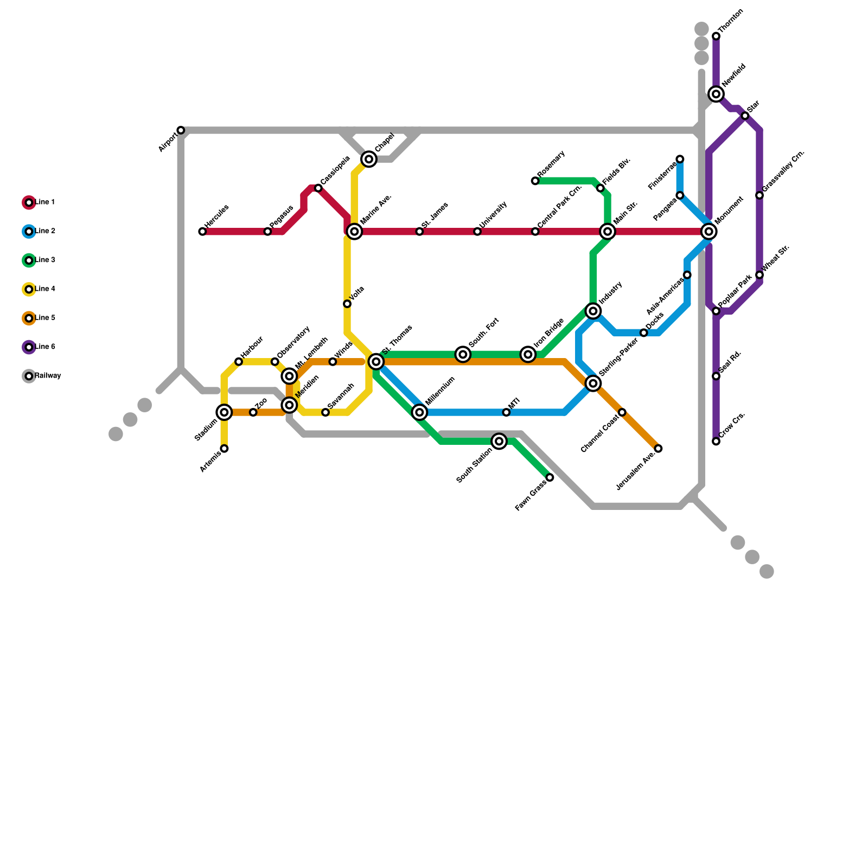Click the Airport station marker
tap(181, 130)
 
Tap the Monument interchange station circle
tap(709, 232)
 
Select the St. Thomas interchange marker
tap(376, 361)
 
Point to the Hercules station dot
tap(202, 232)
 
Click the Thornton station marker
tap(716, 36)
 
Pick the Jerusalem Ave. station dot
tap(658, 449)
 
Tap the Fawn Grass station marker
tap(550, 477)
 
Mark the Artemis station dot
tap(224, 449)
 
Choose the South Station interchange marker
tap(499, 442)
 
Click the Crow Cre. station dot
tap(716, 442)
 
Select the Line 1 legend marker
tap(29, 202)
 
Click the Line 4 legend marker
tap(29, 289)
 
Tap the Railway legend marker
tap(29, 376)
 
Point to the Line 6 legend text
tap(45, 347)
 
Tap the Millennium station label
tap(440, 391)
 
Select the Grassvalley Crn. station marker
tap(759, 195)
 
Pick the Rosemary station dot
tap(535, 181)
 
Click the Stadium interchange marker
tap(224, 412)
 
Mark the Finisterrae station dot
tap(680, 159)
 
